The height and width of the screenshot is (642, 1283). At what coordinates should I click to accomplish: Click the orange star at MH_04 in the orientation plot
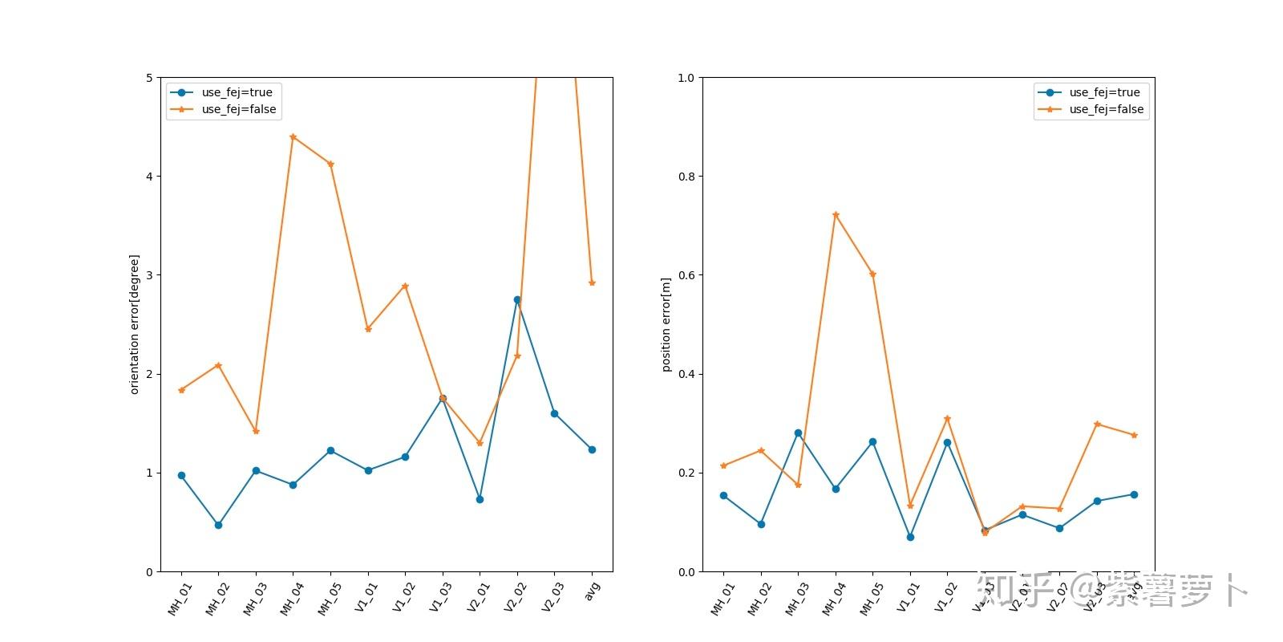tap(293, 137)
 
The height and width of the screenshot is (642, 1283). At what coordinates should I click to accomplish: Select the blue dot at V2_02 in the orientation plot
tap(517, 300)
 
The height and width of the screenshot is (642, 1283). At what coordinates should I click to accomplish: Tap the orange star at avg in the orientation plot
tap(592, 282)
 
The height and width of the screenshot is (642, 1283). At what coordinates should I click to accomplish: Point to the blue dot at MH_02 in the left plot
tap(218, 525)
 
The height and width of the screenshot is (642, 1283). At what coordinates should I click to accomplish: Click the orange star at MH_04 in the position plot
tap(836, 215)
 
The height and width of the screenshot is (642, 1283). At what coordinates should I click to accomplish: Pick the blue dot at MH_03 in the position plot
tap(798, 433)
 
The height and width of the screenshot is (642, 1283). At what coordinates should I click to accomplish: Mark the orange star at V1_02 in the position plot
tap(947, 418)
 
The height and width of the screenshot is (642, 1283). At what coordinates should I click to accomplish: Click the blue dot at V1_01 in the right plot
tap(910, 537)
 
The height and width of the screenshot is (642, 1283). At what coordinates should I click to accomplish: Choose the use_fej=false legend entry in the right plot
tap(1106, 109)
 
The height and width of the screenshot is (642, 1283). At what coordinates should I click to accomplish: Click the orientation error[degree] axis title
tap(135, 324)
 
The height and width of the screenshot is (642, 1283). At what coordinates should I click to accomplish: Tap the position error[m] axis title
tap(666, 325)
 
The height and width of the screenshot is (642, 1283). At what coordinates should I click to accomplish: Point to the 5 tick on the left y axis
tap(149, 78)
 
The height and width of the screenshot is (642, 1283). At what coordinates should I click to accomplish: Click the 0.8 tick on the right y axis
tap(686, 177)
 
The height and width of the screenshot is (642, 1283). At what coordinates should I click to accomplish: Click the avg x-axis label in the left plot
tap(592, 591)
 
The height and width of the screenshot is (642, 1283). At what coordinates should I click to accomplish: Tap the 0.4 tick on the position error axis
tap(686, 374)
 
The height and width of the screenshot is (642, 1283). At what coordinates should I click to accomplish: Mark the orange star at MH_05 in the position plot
tap(872, 274)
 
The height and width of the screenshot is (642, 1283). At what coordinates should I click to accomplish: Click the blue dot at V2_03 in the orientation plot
tap(554, 414)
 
